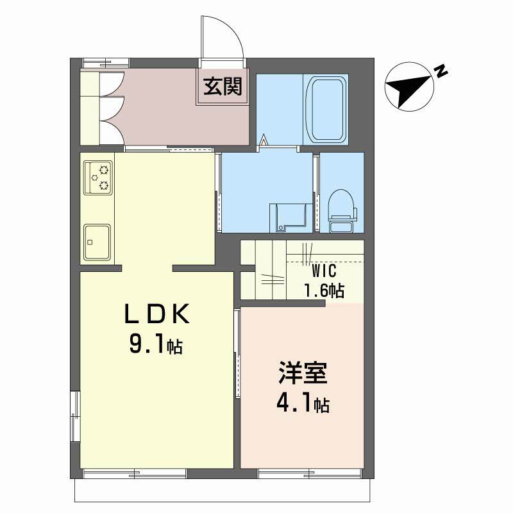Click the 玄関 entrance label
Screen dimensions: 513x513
point(223,87)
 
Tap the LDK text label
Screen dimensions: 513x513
point(157,314)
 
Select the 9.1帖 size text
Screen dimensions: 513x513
point(156,344)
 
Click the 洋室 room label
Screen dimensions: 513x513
point(303,373)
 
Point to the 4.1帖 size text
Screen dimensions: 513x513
point(303,404)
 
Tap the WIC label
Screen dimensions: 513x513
point(324,271)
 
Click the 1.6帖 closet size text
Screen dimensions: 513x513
point(324,290)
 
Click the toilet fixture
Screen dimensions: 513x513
point(342,211)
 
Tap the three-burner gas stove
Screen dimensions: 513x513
point(98,178)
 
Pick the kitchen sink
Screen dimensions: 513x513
point(97,242)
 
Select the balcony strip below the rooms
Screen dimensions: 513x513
point(223,491)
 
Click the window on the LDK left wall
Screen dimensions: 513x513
point(76,416)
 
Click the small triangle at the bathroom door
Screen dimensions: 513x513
point(264,140)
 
